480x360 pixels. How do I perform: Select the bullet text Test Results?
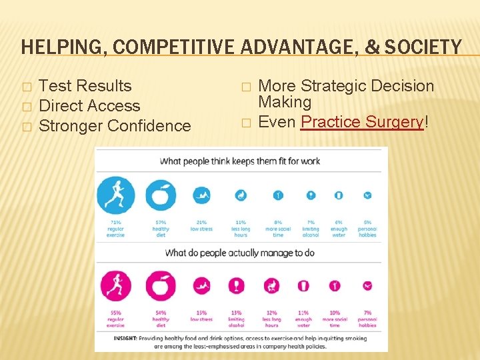pyautogui.click(x=85, y=86)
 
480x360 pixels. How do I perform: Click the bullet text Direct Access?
pyautogui.click(x=89, y=106)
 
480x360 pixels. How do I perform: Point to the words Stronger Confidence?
pyautogui.click(x=115, y=126)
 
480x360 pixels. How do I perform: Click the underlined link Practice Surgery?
pyautogui.click(x=362, y=122)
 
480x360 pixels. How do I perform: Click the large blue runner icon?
pyautogui.click(x=115, y=195)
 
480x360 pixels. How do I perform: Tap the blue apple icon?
pyautogui.click(x=161, y=195)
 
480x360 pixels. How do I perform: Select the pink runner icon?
pyautogui.click(x=115, y=286)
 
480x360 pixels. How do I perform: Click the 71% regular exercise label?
pyautogui.click(x=115, y=228)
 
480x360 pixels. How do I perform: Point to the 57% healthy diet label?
pyautogui.click(x=161, y=228)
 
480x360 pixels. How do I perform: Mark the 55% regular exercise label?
pyautogui.click(x=115, y=319)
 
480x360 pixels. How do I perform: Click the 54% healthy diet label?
pyautogui.click(x=161, y=319)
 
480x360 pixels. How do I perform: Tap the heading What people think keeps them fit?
pyautogui.click(x=240, y=161)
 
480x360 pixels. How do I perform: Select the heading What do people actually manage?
pyautogui.click(x=239, y=253)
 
